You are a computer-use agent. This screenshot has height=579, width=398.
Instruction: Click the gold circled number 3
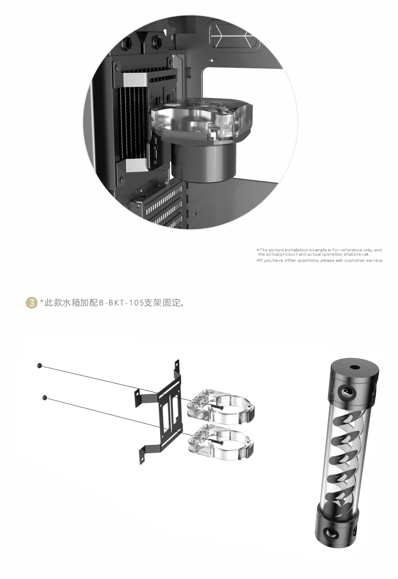coord(31,303)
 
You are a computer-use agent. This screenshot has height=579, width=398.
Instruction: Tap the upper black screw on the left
coord(40,365)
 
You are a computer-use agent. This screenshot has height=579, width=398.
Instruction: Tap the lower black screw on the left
coord(45,398)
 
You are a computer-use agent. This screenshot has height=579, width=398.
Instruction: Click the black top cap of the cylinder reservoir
coord(353,382)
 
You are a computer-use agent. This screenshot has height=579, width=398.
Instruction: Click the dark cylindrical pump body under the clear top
coord(203,162)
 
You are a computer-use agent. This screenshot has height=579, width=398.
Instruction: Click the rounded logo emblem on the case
coord(233,36)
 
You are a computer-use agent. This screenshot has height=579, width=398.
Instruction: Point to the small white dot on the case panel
coord(211,60)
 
